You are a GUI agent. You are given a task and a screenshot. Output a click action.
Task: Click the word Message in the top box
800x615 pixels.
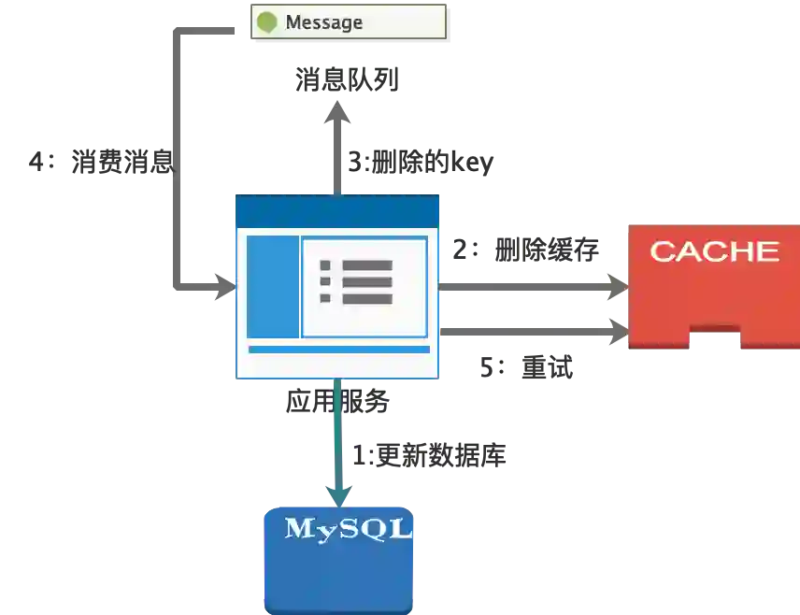323,21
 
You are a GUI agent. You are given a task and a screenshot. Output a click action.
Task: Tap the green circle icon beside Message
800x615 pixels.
267,21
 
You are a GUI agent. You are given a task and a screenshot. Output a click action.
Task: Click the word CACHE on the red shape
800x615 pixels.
714,251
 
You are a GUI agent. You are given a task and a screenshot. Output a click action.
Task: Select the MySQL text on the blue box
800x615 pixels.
349,529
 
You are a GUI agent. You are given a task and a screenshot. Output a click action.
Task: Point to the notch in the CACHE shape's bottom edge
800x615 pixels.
715,335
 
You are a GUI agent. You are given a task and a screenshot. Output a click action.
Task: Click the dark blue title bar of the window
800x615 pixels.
336,210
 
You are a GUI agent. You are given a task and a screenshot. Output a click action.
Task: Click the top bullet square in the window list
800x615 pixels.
325,265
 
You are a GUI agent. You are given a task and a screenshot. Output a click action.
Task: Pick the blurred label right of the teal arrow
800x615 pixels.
427,457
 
